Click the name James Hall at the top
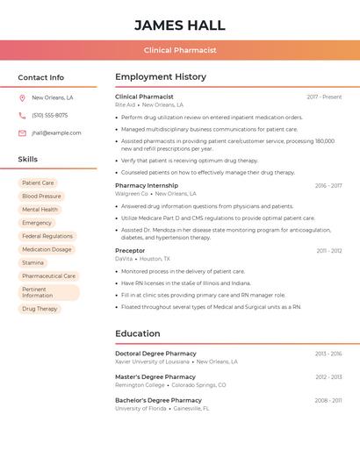[180, 25]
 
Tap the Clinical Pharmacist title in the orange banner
[180, 50]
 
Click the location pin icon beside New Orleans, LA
[22, 98]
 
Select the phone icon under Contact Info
[22, 116]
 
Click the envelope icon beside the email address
[22, 133]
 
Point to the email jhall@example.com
[56, 133]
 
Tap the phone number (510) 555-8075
[50, 116]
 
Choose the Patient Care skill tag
[38, 183]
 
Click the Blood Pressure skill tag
[41, 197]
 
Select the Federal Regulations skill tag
[47, 236]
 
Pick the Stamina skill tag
[32, 262]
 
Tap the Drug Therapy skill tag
[40, 309]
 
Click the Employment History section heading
[161, 77]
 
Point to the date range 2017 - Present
[324, 97]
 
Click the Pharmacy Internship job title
[147, 185]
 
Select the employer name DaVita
[124, 259]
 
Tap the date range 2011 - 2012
[329, 251]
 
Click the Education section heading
[138, 333]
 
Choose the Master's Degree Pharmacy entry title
[155, 376]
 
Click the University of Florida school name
[140, 408]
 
